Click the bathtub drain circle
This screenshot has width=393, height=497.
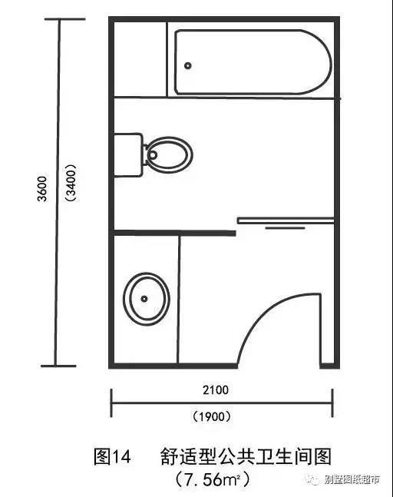pos(188,65)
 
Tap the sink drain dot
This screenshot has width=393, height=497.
pos(144,299)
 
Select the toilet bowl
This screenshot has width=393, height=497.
pos(169,155)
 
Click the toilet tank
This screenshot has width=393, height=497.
pos(128,155)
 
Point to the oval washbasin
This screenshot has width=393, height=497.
pos(147,299)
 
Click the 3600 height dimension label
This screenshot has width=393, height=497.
pos(42,189)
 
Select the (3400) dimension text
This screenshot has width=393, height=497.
pos(71,183)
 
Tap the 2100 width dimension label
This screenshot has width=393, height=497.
pos(216,390)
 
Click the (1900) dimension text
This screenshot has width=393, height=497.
pos(212,416)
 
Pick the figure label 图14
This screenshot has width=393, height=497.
pos(112,457)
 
